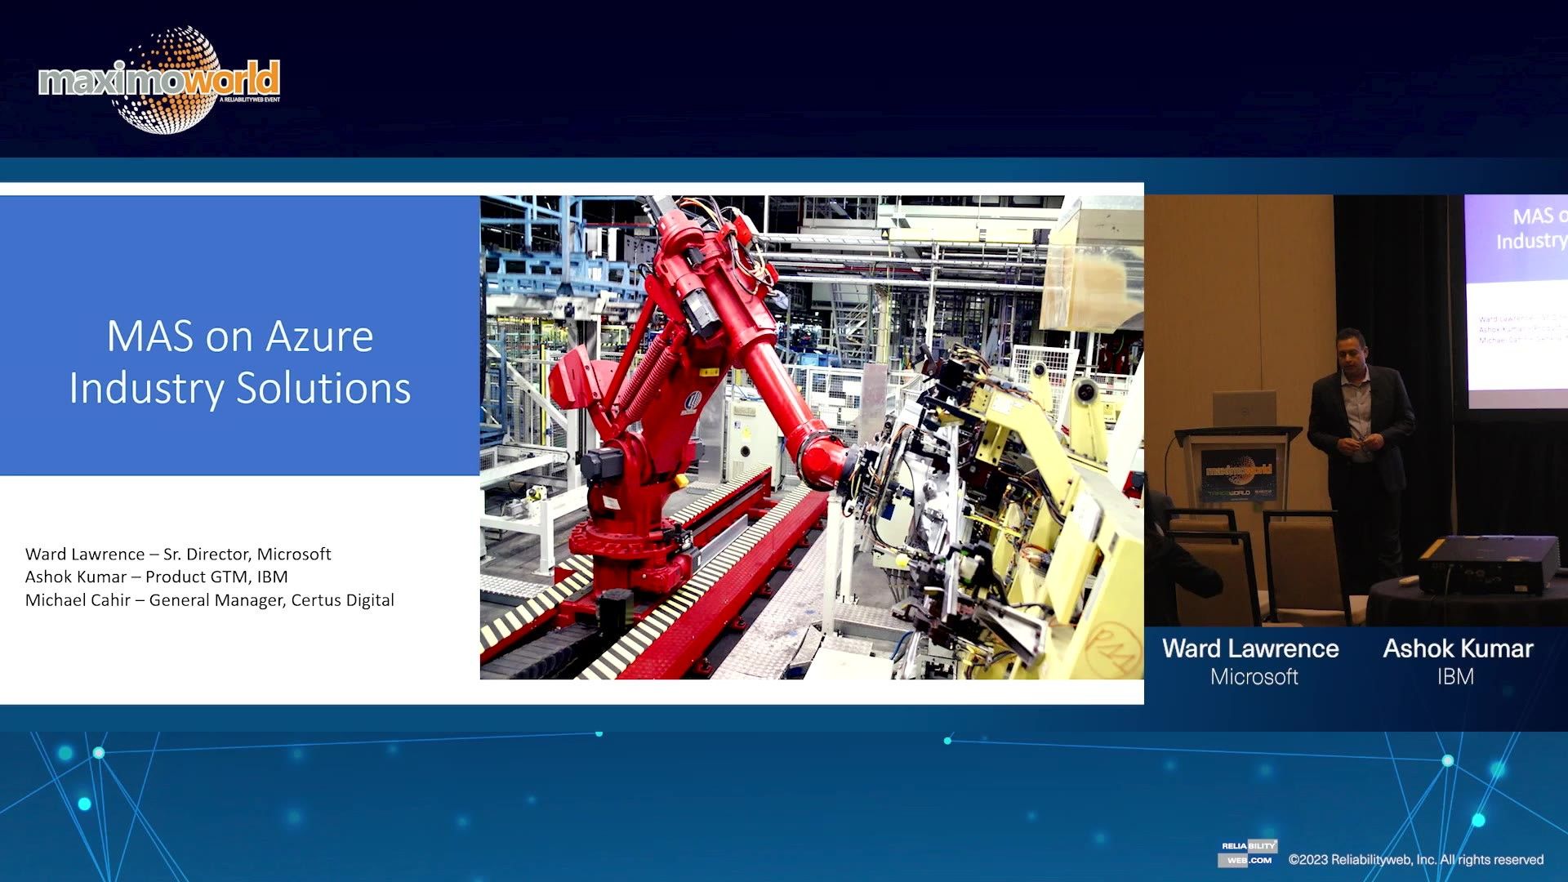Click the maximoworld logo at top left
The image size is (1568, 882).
(160, 81)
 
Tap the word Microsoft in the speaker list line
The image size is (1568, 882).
(294, 555)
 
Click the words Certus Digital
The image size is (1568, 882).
(342, 600)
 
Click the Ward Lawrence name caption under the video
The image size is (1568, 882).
(1250, 648)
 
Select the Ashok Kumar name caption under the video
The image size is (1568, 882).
(1458, 648)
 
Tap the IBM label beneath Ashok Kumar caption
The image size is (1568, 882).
(1455, 677)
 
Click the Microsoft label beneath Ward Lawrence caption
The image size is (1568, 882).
(1254, 677)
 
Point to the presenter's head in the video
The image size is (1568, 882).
(1352, 348)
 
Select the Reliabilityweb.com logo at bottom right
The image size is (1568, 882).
(1248, 853)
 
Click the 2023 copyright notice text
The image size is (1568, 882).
(1415, 860)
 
